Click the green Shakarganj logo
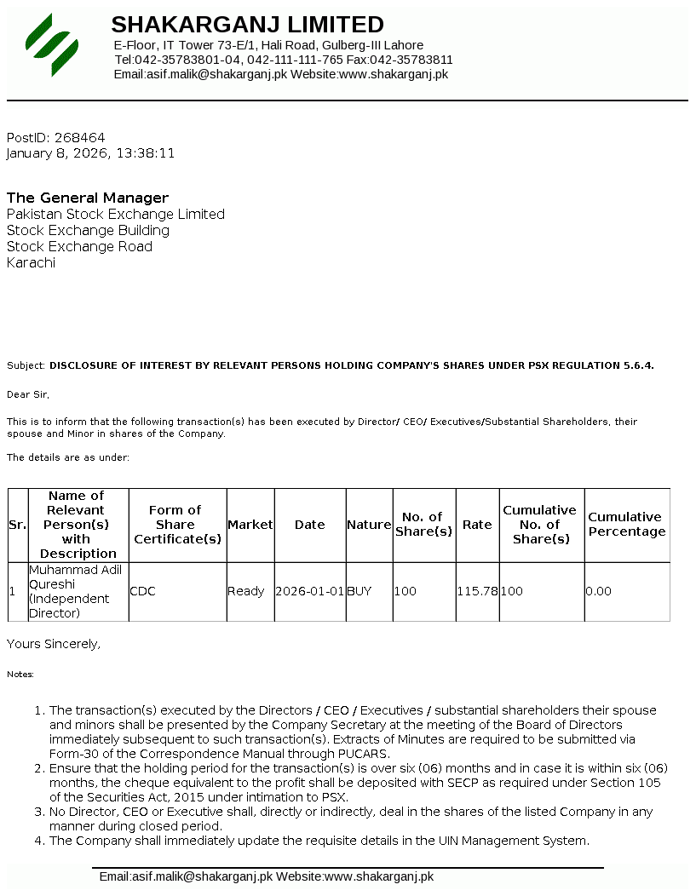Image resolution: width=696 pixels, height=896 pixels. click(52, 44)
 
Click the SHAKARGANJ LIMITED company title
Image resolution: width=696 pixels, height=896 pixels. click(247, 25)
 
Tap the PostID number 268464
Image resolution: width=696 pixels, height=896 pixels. click(79, 137)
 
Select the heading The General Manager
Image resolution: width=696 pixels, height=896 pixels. click(88, 198)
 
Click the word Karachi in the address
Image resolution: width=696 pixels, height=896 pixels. click(31, 262)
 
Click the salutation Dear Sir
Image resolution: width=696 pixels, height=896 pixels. click(28, 394)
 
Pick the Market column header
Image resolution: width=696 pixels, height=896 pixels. click(250, 525)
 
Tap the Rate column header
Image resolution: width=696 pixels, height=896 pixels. click(477, 525)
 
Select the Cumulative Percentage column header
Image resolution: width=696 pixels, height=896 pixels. click(626, 524)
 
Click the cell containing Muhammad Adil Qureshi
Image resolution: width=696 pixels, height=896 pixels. click(78, 591)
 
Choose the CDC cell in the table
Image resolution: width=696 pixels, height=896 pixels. click(142, 591)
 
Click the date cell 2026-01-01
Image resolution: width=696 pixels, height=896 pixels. click(309, 591)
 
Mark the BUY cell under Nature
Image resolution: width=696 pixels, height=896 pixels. click(359, 591)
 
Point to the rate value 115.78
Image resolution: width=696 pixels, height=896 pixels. click(477, 591)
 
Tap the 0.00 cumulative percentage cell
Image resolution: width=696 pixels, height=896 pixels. click(598, 591)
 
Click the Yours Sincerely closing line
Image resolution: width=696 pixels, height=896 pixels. click(54, 644)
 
